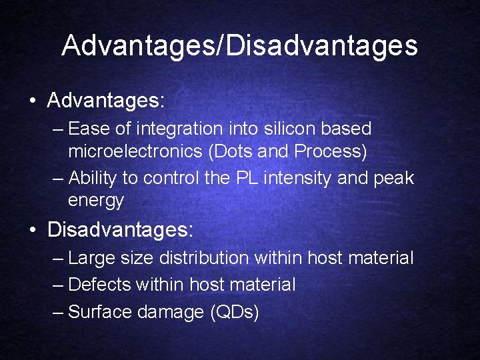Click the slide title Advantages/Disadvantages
click(x=240, y=46)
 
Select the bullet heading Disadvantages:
click(x=121, y=231)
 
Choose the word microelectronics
click(x=135, y=152)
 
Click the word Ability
click(x=91, y=179)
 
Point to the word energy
click(x=95, y=201)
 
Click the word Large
click(x=91, y=258)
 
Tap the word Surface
click(x=99, y=311)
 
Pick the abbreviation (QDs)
click(x=234, y=311)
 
